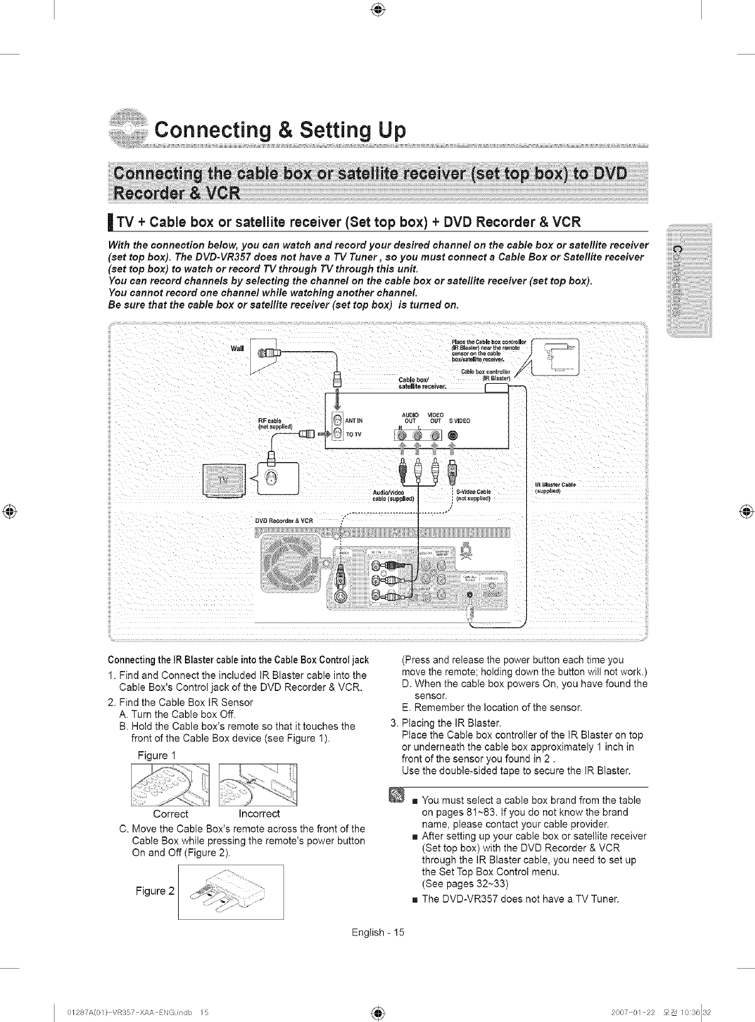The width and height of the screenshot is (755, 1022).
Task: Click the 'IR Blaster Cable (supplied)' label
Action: (554, 488)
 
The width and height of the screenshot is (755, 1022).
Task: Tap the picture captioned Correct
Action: (170, 784)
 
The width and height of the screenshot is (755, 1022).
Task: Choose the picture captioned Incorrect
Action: (258, 784)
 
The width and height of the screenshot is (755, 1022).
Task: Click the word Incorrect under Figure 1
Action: (259, 814)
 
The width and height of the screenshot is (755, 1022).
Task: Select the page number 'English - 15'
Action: (378, 932)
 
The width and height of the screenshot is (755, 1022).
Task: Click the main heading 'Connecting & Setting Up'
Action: (280, 130)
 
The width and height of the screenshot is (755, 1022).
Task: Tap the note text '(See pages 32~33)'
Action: (465, 884)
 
